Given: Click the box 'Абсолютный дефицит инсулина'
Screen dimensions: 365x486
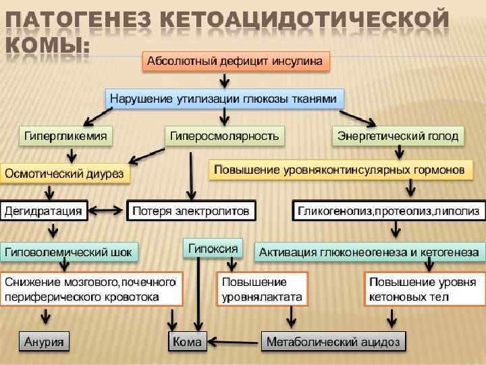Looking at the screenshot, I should click(x=236, y=61).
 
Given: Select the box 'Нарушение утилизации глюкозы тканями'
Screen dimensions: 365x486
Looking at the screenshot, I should click(x=225, y=99).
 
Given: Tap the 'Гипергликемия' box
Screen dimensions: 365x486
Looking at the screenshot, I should click(x=65, y=136).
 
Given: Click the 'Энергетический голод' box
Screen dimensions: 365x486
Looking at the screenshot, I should click(x=398, y=136).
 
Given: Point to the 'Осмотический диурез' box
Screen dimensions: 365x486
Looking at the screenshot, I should click(x=65, y=173).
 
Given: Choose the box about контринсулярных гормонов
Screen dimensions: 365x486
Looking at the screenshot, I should click(x=339, y=170).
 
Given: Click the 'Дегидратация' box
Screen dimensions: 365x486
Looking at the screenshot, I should click(x=44, y=211).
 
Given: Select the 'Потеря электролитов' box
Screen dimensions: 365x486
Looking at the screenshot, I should click(x=191, y=211).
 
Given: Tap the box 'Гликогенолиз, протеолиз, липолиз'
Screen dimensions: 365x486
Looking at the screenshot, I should click(x=389, y=211).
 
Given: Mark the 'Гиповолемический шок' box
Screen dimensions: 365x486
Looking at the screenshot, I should click(x=70, y=252).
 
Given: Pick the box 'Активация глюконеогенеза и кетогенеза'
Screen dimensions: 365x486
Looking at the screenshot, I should click(x=369, y=252).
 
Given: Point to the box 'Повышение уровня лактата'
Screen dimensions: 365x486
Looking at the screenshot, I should click(x=262, y=289).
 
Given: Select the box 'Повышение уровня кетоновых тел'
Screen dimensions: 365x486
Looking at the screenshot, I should click(x=423, y=289).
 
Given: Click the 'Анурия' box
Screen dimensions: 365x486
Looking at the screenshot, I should click(x=45, y=341).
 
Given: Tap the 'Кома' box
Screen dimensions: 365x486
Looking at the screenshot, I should click(x=187, y=341).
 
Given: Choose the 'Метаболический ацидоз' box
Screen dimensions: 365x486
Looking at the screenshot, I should click(x=333, y=341).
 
